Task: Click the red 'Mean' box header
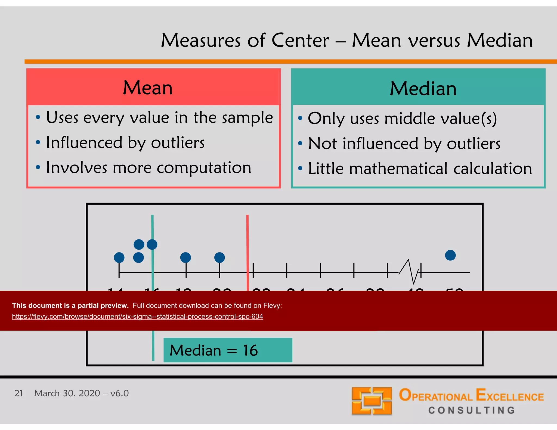tap(148, 88)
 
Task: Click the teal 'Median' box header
tap(423, 88)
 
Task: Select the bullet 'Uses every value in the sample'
tap(159, 118)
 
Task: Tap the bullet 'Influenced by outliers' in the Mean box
tap(125, 143)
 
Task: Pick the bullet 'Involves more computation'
tap(148, 168)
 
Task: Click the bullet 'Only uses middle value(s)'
tap(402, 119)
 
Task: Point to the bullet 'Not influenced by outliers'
tap(404, 144)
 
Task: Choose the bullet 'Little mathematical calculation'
tap(420, 169)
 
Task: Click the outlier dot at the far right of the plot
tap(450, 255)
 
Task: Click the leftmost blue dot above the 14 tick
tap(119, 257)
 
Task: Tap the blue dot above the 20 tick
tap(219, 257)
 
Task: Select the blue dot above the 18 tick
tap(185, 257)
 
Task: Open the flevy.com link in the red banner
tap(137, 316)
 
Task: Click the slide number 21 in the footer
tap(18, 393)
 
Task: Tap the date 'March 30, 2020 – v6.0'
tap(81, 393)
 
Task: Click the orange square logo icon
tap(372, 401)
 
